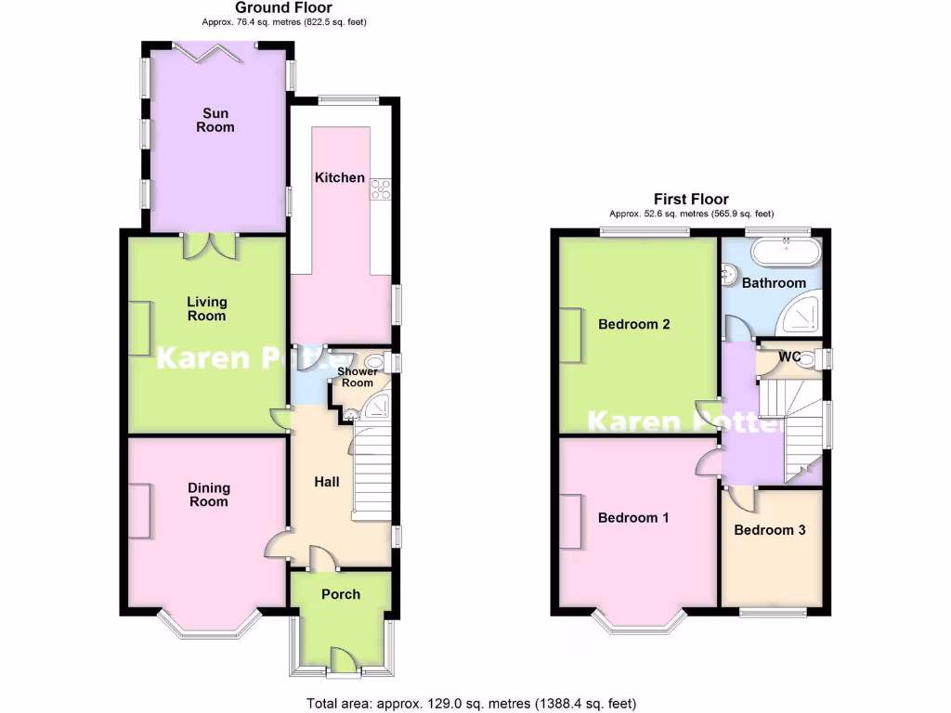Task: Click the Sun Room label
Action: coord(215,120)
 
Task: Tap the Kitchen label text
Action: coord(339,177)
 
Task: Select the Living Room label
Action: coord(206,308)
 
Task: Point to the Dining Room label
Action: coord(208,495)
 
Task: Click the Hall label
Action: coord(326,482)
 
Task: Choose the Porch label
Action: coord(340,594)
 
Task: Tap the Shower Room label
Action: coord(356,377)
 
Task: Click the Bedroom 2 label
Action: coord(634,325)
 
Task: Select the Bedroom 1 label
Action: coord(633,518)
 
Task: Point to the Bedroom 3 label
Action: coord(769,530)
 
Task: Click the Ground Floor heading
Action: coord(283,8)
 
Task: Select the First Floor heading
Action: coord(691,199)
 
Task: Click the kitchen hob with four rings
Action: coord(381,188)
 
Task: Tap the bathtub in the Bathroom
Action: coord(786,251)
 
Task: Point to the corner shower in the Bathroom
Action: coord(801,317)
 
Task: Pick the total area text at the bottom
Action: coord(472,704)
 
